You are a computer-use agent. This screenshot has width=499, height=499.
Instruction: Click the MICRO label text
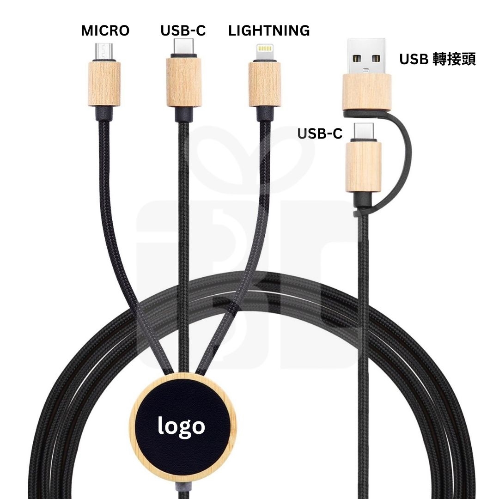pyautogui.click(x=105, y=31)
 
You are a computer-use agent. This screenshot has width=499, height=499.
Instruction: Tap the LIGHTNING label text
pyautogui.click(x=269, y=31)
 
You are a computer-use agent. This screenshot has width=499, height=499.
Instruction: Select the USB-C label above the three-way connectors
pyautogui.click(x=183, y=31)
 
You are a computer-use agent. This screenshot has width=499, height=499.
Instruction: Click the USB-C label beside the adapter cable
pyautogui.click(x=320, y=134)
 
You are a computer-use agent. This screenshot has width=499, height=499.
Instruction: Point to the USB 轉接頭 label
pyautogui.click(x=437, y=59)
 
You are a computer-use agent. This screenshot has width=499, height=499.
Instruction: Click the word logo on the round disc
pyautogui.click(x=181, y=426)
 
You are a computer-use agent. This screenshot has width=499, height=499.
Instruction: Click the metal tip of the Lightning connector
pyautogui.click(x=265, y=51)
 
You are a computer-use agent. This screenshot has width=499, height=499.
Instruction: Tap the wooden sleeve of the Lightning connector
pyautogui.click(x=265, y=83)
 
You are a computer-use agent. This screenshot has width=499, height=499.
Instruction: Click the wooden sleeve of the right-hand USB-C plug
pyautogui.click(x=364, y=166)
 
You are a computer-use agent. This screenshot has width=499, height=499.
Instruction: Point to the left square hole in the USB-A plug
pyautogui.click(x=356, y=59)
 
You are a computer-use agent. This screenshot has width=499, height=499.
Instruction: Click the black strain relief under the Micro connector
pyautogui.click(x=104, y=113)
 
